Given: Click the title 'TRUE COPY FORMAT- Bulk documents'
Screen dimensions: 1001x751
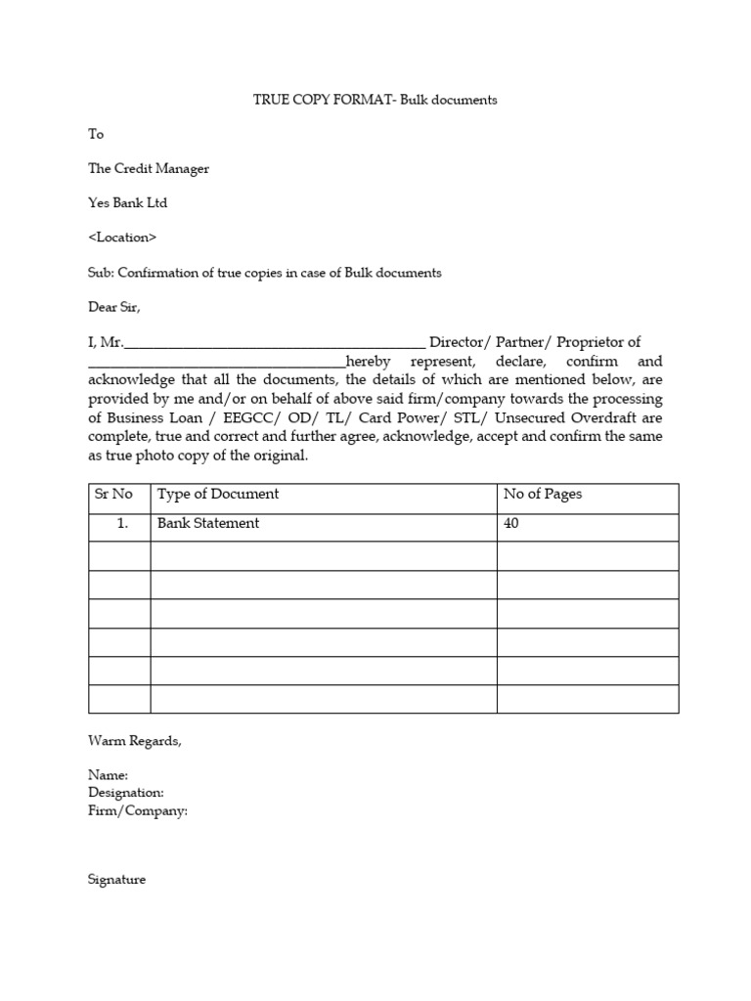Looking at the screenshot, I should tap(375, 101).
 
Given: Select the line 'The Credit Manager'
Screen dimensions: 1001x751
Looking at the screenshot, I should tap(149, 168).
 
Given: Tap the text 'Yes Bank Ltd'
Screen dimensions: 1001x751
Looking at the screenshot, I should tap(128, 203).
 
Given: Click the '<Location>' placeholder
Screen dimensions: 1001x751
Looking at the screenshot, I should tap(122, 238).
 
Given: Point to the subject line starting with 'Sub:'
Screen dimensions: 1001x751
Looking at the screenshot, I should tap(264, 273).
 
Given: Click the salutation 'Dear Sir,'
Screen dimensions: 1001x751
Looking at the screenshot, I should tap(114, 307).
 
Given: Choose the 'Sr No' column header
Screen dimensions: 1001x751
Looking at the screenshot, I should tap(113, 495).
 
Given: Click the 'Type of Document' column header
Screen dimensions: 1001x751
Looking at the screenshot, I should tap(218, 495).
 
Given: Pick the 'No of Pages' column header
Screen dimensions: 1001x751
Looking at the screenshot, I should tap(542, 495).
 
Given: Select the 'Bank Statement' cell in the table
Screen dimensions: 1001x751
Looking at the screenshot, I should tap(208, 524).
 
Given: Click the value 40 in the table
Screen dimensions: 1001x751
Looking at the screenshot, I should tap(511, 524).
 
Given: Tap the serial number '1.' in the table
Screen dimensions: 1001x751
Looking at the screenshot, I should tap(123, 524).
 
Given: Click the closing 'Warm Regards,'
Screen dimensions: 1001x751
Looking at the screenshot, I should tap(134, 741).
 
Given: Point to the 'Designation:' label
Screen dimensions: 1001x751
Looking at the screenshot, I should tap(126, 793).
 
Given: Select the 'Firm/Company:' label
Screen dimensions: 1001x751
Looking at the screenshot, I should tap(137, 811).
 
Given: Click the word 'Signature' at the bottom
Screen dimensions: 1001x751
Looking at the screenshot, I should tap(116, 880).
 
